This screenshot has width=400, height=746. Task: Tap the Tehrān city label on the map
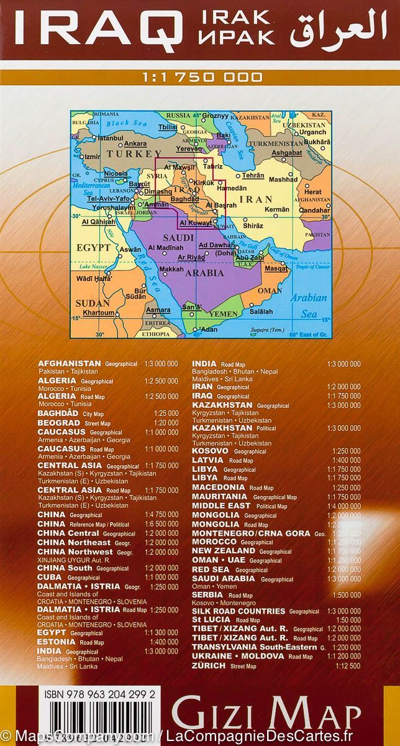[253, 176]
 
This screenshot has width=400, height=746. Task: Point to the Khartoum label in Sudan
[99, 312]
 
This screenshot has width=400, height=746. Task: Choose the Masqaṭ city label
[276, 269]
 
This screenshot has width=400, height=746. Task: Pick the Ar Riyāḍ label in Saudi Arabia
[191, 257]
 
